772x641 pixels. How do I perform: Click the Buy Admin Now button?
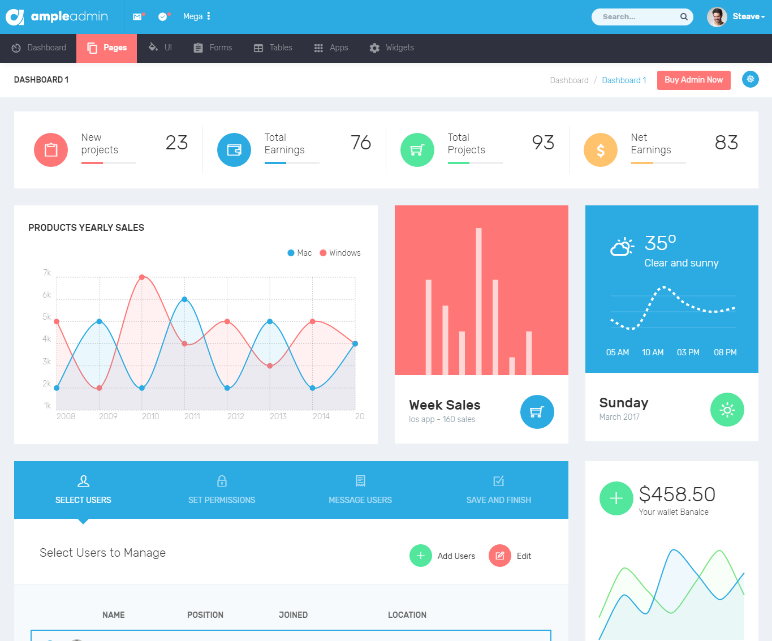click(x=693, y=80)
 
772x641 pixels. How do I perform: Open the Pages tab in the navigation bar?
click(x=107, y=48)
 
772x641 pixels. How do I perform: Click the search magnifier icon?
click(x=684, y=17)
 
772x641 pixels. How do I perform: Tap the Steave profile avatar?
click(x=717, y=17)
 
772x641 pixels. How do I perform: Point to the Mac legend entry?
click(x=300, y=253)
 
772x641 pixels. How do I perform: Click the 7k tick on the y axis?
click(x=47, y=273)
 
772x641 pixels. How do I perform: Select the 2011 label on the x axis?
click(x=192, y=416)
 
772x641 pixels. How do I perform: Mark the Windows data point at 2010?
click(x=142, y=277)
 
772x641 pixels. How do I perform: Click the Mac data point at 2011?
click(x=184, y=299)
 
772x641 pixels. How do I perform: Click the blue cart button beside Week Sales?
click(x=537, y=412)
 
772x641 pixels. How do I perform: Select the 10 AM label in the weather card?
click(x=653, y=352)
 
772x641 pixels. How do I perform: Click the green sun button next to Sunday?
click(x=727, y=410)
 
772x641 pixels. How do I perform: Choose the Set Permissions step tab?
click(x=222, y=490)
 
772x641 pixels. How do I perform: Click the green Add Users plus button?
click(x=421, y=556)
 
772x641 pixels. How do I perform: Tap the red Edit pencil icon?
click(x=500, y=556)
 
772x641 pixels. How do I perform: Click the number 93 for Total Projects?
click(x=543, y=143)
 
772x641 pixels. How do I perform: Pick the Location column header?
click(x=407, y=615)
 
